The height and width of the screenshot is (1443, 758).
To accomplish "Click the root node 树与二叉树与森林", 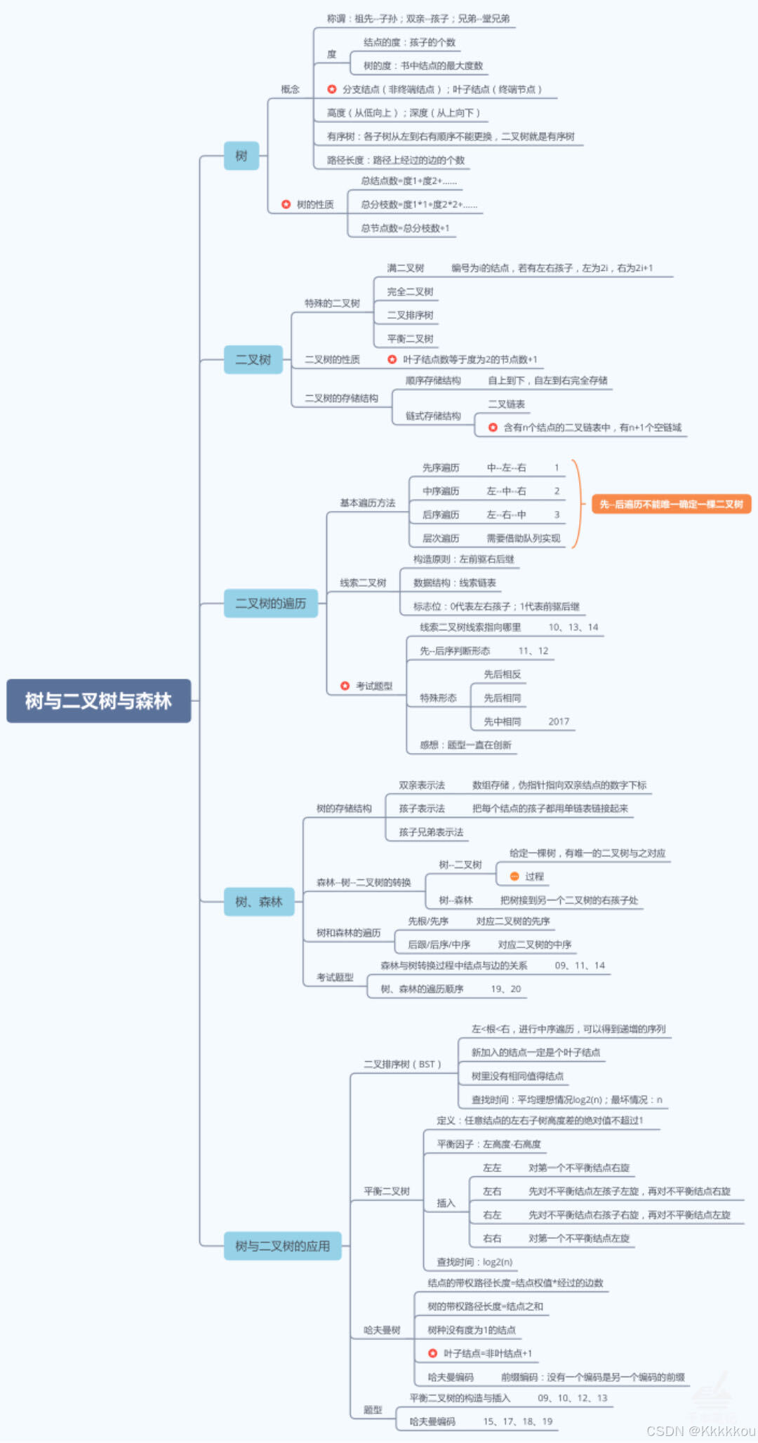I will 98,700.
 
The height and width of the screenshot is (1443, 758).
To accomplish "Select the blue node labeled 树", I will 241,156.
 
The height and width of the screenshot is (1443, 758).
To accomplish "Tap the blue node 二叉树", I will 253,359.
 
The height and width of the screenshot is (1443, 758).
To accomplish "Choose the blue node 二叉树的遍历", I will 270,603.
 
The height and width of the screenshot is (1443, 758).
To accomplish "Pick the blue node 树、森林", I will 258,901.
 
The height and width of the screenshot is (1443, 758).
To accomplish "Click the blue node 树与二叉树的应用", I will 282,1246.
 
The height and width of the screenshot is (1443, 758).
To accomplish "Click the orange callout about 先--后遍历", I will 671,504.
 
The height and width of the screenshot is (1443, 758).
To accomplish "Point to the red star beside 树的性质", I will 286,204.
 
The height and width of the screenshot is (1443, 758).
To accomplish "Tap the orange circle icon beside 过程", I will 514,877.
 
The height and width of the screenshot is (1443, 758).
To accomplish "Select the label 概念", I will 290,89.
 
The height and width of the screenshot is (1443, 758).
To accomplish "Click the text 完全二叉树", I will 410,291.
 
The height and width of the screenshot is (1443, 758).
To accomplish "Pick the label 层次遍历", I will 441,538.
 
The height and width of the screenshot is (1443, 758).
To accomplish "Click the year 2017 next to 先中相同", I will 559,721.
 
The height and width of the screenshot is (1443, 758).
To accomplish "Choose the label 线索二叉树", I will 363,583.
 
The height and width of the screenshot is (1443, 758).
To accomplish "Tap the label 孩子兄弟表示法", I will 431,832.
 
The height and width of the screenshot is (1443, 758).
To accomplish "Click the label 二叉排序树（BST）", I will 402,1064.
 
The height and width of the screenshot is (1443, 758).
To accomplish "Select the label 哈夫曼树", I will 382,1330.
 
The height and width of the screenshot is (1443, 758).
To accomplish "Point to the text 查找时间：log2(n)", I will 474,1262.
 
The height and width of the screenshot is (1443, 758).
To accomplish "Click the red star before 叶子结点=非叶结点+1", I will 433,1353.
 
